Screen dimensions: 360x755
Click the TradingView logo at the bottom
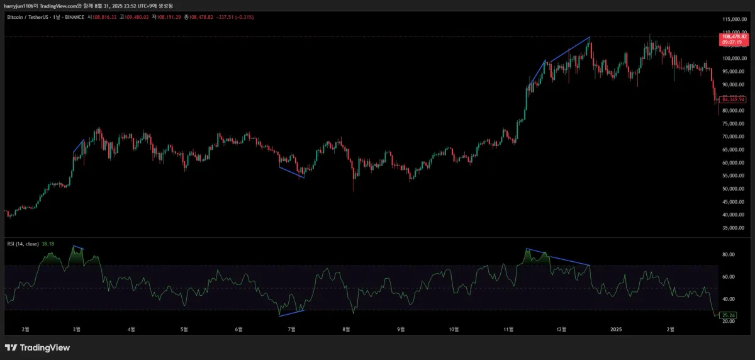click(37, 347)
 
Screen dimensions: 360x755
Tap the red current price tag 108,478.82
click(734, 40)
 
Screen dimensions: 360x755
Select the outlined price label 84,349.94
click(733, 99)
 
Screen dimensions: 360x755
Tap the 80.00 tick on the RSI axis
click(728, 255)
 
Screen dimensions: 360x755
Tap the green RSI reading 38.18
click(48, 244)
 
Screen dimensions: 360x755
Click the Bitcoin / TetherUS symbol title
click(31, 17)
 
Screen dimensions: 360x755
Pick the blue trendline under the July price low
click(291, 172)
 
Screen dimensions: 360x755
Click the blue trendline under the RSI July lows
click(291, 313)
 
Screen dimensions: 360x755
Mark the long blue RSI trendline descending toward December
click(566, 259)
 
